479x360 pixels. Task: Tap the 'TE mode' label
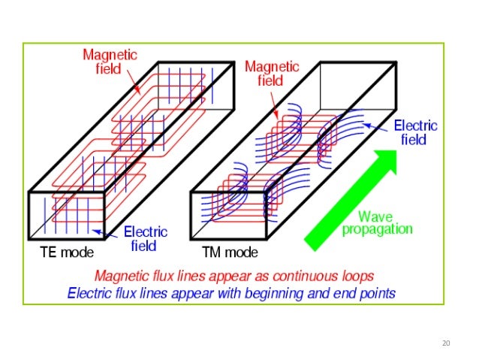tap(66, 253)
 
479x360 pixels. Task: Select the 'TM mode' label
tap(230, 253)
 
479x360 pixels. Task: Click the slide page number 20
tap(446, 344)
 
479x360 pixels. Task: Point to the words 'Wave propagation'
tap(378, 222)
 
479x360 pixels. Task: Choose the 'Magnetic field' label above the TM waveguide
tap(272, 74)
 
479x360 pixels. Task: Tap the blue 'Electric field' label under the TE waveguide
tap(145, 237)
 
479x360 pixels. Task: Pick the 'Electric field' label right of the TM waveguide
tap(415, 132)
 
